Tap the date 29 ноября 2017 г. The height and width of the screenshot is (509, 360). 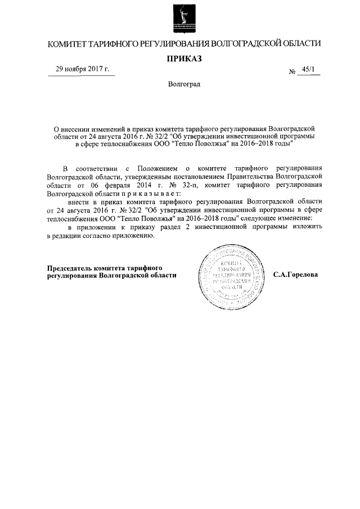pyautogui.click(x=82, y=70)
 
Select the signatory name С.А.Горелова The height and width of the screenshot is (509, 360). pyautogui.click(x=295, y=276)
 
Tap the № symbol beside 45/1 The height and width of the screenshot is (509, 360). pyautogui.click(x=292, y=72)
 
